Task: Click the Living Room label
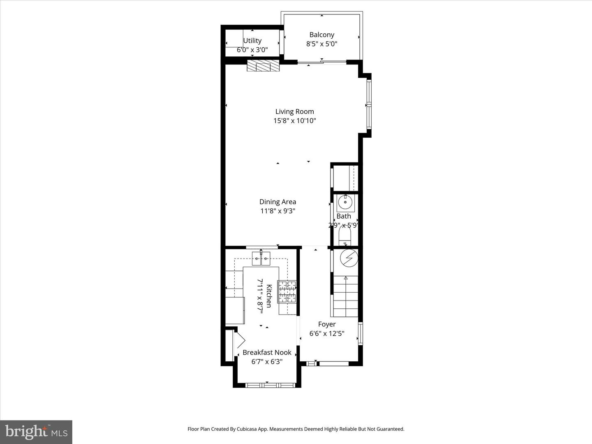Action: (294, 111)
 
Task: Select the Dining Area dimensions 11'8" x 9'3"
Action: (277, 211)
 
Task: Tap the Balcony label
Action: (321, 35)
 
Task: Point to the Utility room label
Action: (252, 41)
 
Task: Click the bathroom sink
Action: (345, 202)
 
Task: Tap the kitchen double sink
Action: (261, 259)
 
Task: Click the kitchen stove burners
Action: (287, 291)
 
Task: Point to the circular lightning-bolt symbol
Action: (349, 258)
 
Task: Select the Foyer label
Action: (327, 324)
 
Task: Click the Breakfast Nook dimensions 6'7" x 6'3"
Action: (267, 362)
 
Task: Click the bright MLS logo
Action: (36, 432)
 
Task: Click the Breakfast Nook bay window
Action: (270, 385)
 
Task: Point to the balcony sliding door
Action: (321, 62)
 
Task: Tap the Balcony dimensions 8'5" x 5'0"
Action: (321, 44)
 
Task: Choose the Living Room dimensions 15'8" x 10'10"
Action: (294, 121)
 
